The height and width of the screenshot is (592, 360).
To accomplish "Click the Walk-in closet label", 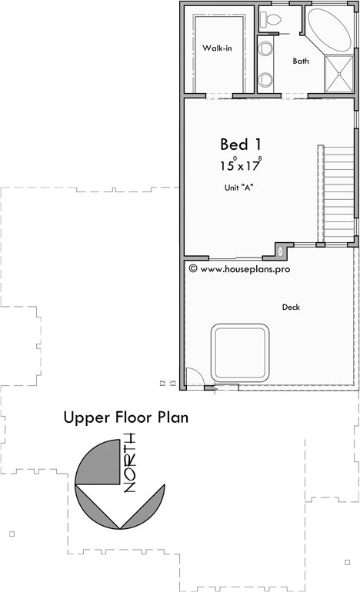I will (x=218, y=48).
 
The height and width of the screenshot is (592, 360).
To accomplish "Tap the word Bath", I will (x=301, y=61).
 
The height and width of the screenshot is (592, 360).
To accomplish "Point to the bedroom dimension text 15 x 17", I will (x=240, y=164).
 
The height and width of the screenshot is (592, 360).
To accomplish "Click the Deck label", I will (x=291, y=307).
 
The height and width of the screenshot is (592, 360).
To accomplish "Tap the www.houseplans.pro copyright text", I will (x=240, y=269).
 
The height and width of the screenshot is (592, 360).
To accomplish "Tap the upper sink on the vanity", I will (x=266, y=50).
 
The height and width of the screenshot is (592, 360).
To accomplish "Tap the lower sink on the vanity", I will (x=266, y=78).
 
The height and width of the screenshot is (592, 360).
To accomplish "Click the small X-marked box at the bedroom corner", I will (x=281, y=251).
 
